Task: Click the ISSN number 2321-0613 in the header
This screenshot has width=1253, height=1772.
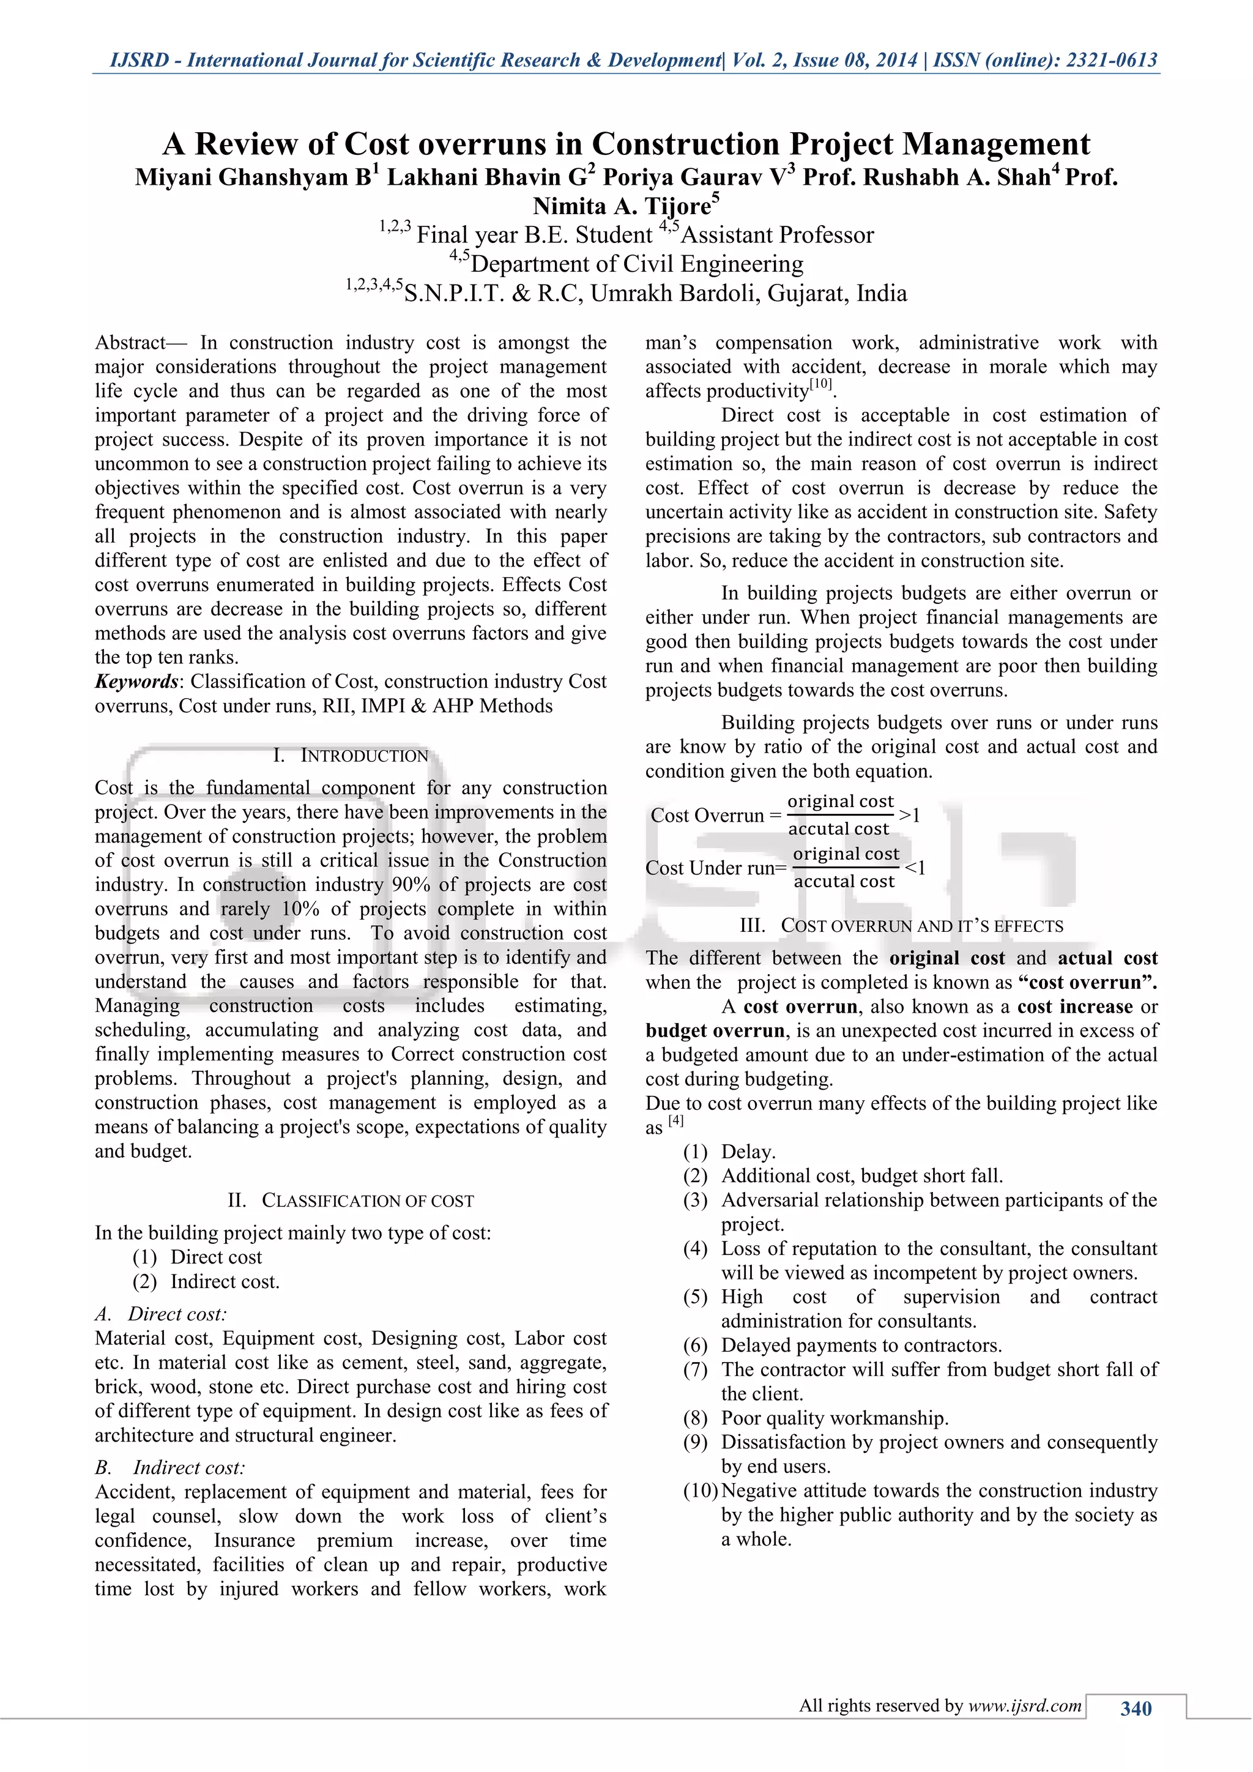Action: click(x=1112, y=60)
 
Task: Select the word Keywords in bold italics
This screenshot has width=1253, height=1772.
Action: click(x=136, y=682)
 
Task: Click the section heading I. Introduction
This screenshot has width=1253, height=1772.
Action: click(x=351, y=756)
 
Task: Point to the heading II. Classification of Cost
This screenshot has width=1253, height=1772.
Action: click(x=351, y=1201)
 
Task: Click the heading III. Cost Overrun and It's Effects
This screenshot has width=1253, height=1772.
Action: click(x=901, y=926)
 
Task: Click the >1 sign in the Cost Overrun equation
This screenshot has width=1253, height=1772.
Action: click(x=910, y=815)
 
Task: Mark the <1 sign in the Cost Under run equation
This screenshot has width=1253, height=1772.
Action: click(x=915, y=868)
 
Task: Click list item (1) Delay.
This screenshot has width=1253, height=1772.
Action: click(x=748, y=1152)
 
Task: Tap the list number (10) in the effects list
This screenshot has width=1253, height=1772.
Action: click(x=701, y=1491)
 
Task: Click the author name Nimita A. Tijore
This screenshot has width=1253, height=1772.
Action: click(x=622, y=206)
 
